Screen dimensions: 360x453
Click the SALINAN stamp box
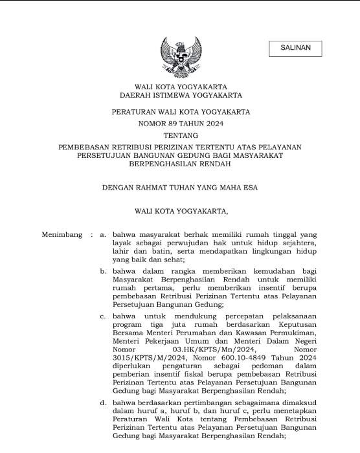pyautogui.click(x=295, y=49)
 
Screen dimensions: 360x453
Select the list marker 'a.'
pyautogui.click(x=103, y=235)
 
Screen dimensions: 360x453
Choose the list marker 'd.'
pyautogui.click(x=103, y=403)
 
